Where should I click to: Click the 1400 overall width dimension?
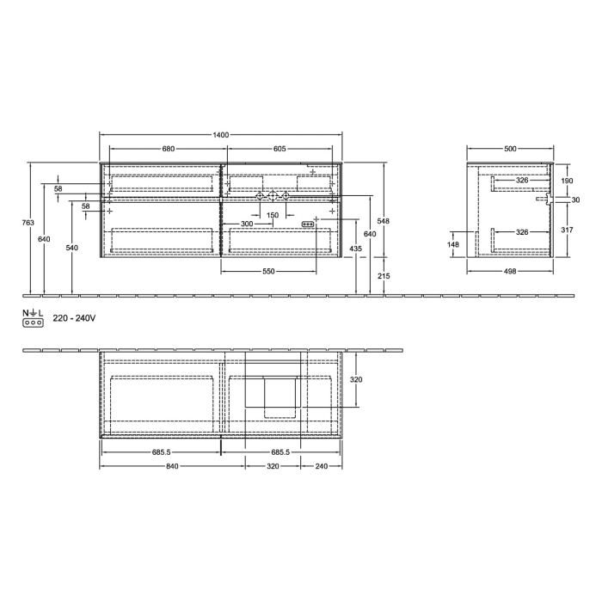(221, 135)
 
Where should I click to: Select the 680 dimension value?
(169, 149)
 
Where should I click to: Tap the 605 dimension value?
(279, 149)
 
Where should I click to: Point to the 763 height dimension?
(28, 223)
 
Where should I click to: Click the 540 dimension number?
(71, 248)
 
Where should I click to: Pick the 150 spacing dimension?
(273, 215)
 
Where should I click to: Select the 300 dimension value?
(247, 224)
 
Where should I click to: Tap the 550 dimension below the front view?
(268, 272)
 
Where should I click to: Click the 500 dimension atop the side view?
(511, 149)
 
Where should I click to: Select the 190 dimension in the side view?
(566, 181)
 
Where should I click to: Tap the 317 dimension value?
(566, 230)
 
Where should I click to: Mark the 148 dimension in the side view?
(454, 244)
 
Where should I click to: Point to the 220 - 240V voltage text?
(74, 318)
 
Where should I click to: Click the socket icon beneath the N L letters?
(34, 322)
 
